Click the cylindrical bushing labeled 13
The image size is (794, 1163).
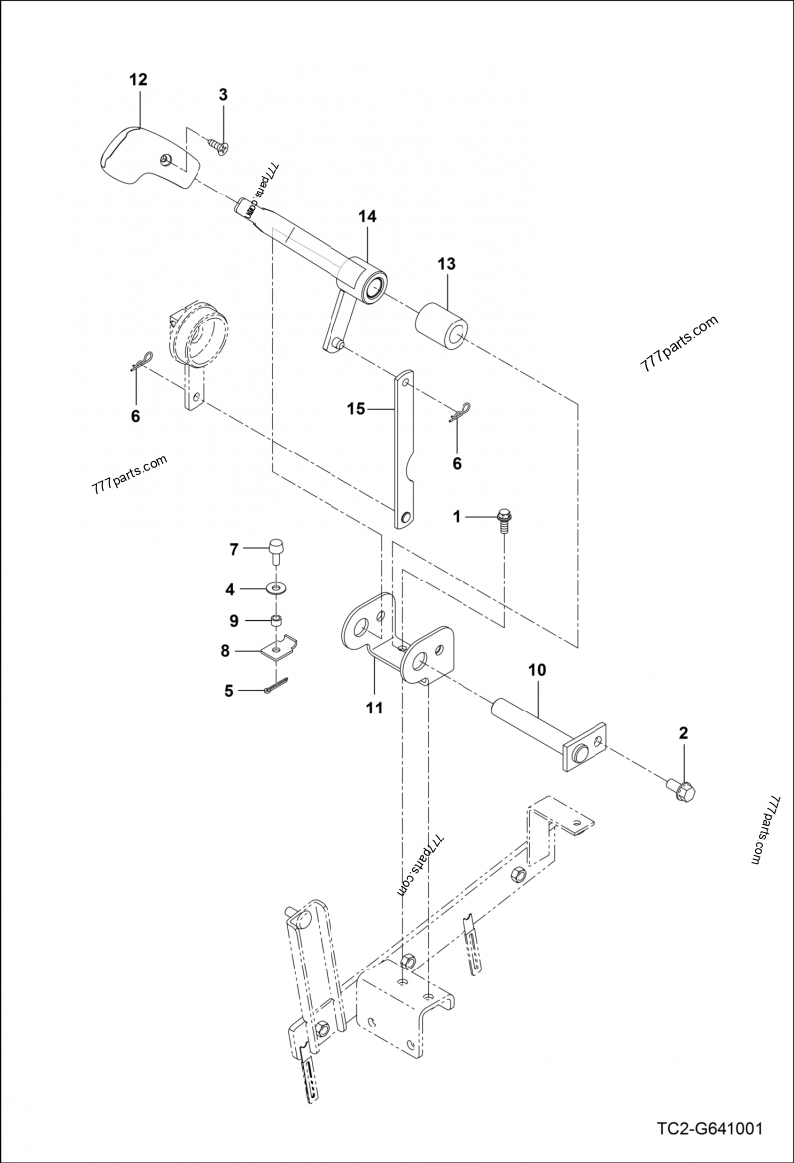443,324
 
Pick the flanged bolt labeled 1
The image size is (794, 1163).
502,519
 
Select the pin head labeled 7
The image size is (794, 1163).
277,548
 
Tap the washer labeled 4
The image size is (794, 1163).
276,589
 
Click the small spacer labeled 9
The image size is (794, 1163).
279,622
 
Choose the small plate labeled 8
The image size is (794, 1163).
274,651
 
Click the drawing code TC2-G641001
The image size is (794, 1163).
709,1129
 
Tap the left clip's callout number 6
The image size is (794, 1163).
136,414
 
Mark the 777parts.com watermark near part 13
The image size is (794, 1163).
679,343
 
